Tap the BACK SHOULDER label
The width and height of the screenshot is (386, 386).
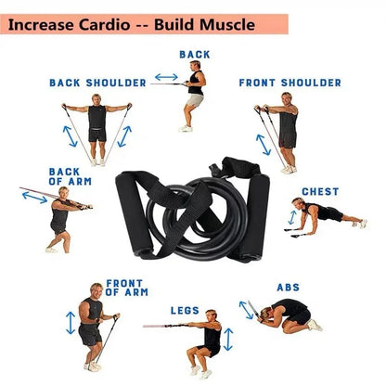[97, 83]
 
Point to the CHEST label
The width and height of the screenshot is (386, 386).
[320, 192]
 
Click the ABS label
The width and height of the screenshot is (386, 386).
[288, 288]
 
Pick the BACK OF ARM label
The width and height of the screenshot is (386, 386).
[65, 176]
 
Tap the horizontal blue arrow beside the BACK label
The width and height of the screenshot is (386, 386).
[166, 77]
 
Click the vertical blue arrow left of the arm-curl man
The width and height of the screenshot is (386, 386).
[71, 321]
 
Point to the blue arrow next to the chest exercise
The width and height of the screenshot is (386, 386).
[293, 218]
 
